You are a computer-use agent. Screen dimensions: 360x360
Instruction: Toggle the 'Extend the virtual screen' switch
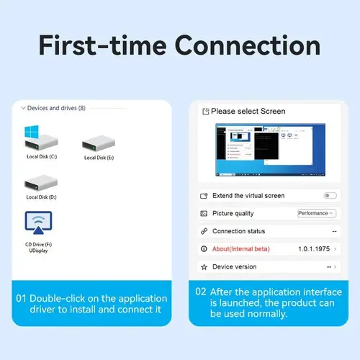330,196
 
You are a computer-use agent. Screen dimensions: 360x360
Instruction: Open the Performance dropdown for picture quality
317,213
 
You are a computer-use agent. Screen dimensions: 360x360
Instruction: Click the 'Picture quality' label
233,214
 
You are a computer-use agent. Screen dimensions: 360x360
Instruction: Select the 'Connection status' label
238,231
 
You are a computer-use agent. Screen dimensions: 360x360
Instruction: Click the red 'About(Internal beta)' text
243,249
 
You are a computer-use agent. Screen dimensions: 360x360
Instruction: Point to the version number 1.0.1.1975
313,249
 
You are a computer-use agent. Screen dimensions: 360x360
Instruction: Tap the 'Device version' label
234,267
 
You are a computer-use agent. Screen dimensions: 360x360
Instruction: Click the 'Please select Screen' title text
248,112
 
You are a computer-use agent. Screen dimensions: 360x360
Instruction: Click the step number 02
201,292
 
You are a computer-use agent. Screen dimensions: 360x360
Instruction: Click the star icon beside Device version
204,267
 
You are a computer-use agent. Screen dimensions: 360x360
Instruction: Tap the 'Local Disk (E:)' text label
99,158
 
